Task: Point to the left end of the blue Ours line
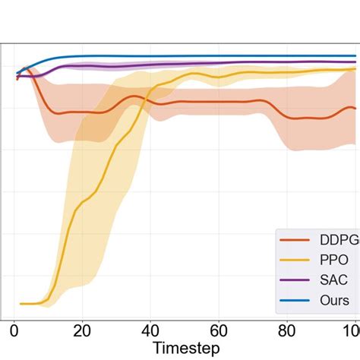(x=17, y=73)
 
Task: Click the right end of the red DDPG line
(x=355, y=108)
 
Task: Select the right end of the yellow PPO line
(x=355, y=69)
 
